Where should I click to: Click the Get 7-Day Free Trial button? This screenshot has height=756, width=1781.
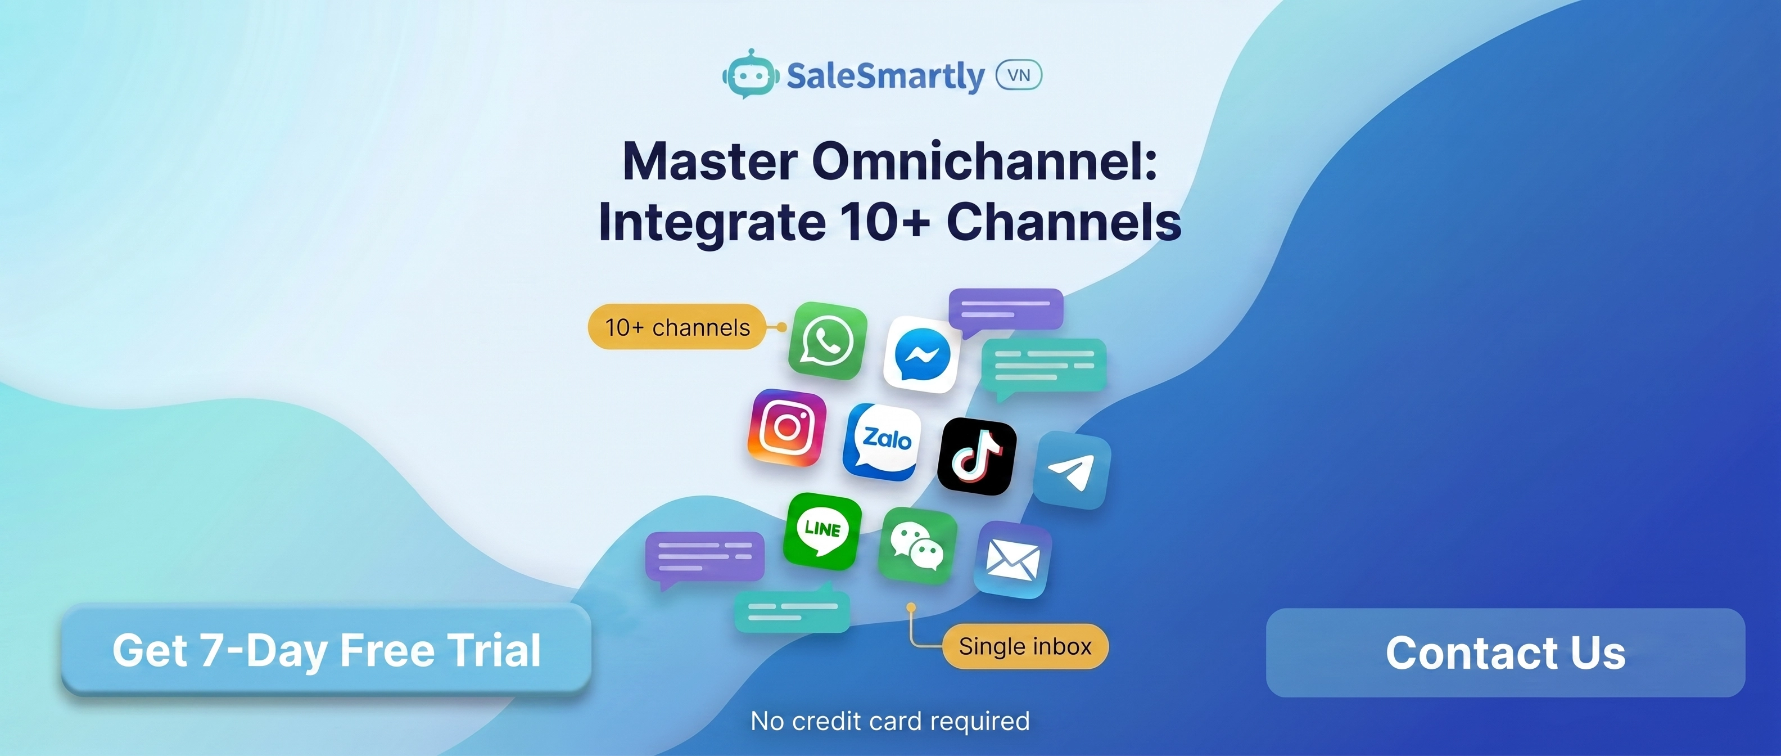coord(326,650)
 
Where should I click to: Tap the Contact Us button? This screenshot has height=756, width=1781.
coord(1505,652)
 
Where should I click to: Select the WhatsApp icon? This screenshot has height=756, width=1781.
coord(828,340)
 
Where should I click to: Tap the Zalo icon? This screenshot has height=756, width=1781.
coord(882,442)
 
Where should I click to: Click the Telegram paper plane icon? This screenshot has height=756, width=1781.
coord(1072,470)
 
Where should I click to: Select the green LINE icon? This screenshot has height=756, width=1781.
coord(822,531)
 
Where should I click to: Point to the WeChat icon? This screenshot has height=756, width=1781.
coord(917,546)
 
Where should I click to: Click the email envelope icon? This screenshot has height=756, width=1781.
coord(1013,560)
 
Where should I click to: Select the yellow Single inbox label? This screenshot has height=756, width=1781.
coord(1025,646)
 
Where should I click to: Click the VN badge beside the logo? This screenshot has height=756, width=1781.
coord(1019,75)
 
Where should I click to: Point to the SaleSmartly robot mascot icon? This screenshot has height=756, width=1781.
coord(749,73)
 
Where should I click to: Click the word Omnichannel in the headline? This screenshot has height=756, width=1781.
coord(984,161)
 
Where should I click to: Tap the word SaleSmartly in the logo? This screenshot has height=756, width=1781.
coord(885,76)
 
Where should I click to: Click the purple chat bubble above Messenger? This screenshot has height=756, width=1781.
coord(1005,310)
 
